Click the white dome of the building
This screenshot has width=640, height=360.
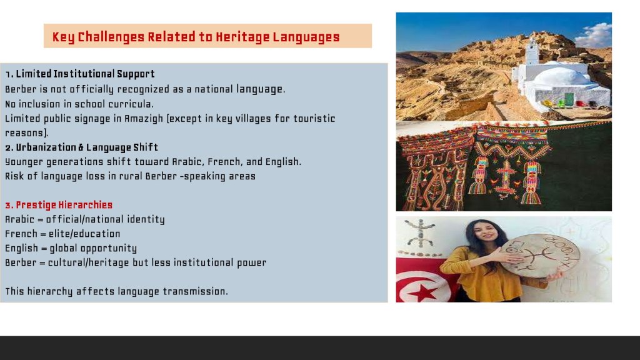(x=563, y=76)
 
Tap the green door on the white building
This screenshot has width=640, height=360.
(x=569, y=99)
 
